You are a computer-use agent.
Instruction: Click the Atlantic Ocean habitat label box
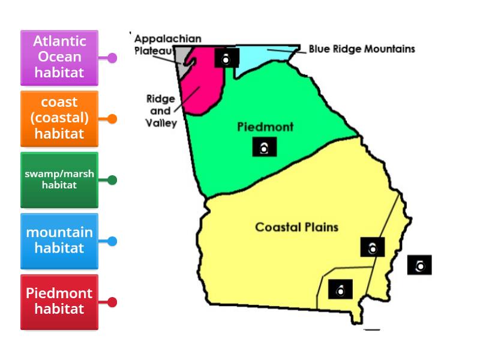tap(59, 58)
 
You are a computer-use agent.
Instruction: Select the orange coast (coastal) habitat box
tap(59, 118)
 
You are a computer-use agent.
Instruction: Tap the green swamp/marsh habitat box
tap(59, 179)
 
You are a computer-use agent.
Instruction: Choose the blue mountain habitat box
tap(59, 241)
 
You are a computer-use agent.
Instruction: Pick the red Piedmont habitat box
tap(59, 302)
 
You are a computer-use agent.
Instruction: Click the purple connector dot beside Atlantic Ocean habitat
tap(112, 58)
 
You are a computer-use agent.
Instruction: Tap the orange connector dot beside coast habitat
tap(112, 119)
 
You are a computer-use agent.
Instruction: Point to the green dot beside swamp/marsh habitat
tap(112, 180)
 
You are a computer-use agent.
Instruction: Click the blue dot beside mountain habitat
tap(112, 241)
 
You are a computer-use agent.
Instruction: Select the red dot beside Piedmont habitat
tap(112, 302)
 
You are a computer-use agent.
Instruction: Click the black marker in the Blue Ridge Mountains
tap(227, 58)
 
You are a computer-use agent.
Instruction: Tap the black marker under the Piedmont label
tap(265, 147)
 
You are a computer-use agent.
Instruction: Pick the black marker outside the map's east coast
tap(419, 265)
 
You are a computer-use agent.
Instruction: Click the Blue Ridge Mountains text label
tap(362, 49)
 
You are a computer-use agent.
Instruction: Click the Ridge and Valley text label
tap(161, 111)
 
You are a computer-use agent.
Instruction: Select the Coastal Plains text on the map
tap(296, 227)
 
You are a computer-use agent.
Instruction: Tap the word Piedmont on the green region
tap(265, 127)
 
